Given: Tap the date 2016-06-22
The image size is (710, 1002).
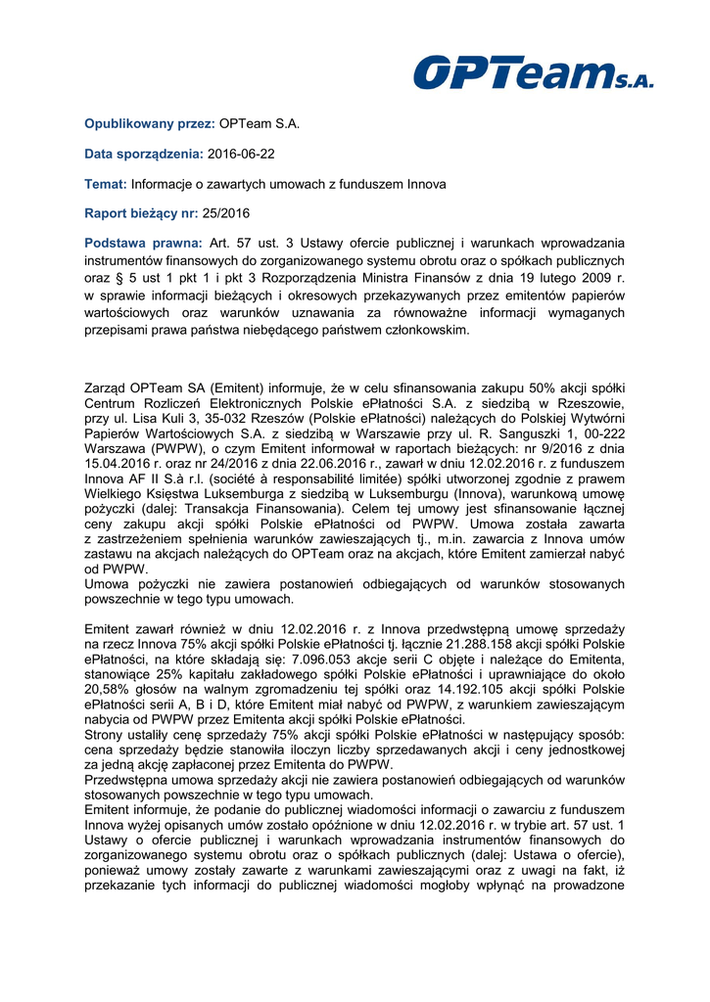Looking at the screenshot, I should point(241,154).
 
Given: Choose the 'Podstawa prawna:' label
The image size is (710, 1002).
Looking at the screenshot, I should point(143,243).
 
